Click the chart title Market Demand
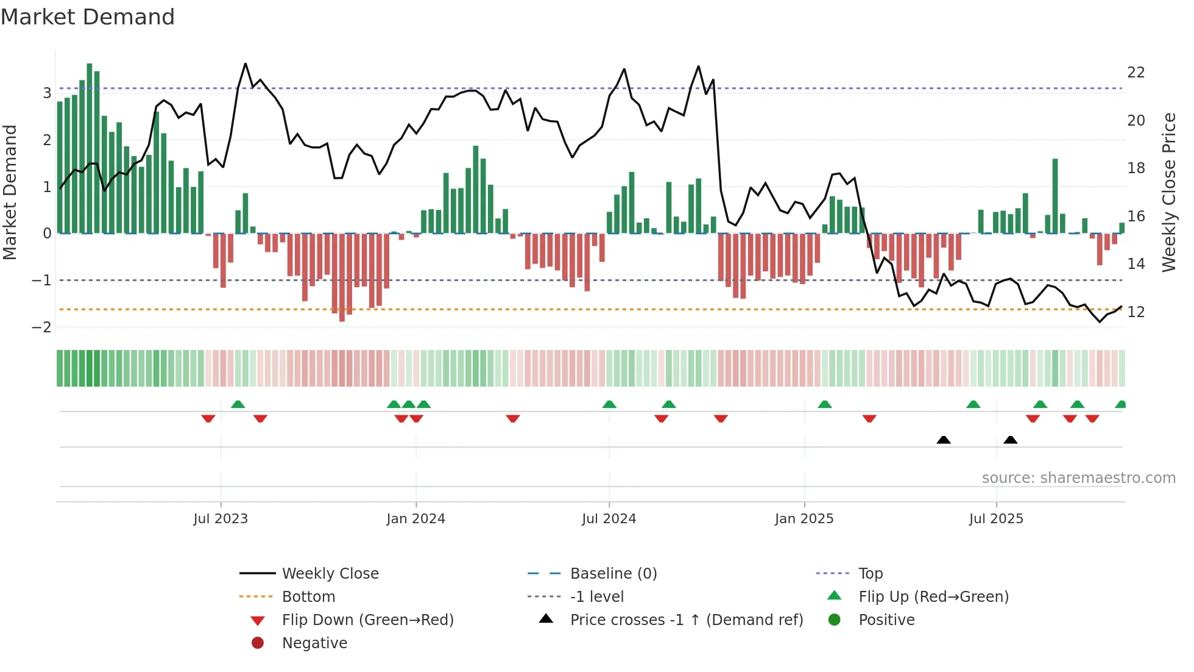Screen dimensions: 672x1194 pos(88,17)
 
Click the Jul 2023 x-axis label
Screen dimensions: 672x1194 pos(221,519)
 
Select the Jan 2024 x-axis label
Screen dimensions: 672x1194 pos(415,519)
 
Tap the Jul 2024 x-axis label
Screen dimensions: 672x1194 pos(609,519)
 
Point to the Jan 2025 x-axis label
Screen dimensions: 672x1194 pos(804,519)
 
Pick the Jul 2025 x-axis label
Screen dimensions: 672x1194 pos(996,519)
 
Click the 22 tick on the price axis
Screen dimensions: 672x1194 pos(1136,73)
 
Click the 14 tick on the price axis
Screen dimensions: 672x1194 pos(1136,264)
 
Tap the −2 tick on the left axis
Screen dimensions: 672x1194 pos(41,327)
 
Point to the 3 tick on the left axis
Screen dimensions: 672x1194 pos(47,93)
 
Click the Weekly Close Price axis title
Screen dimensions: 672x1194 pos(1168,192)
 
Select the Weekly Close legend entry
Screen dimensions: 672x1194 pos(330,574)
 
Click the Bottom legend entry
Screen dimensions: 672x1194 pos(308,597)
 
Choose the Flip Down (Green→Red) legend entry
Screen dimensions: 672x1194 pos(367,620)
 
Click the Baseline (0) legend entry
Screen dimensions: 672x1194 pos(613,574)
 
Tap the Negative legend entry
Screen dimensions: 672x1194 pos(314,643)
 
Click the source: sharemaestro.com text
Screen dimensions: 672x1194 pos(1078,478)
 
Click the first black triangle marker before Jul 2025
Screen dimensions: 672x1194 pos(943,440)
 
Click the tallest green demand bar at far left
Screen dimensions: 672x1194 pos(90,146)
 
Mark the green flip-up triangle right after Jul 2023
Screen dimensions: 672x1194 pos(238,404)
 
